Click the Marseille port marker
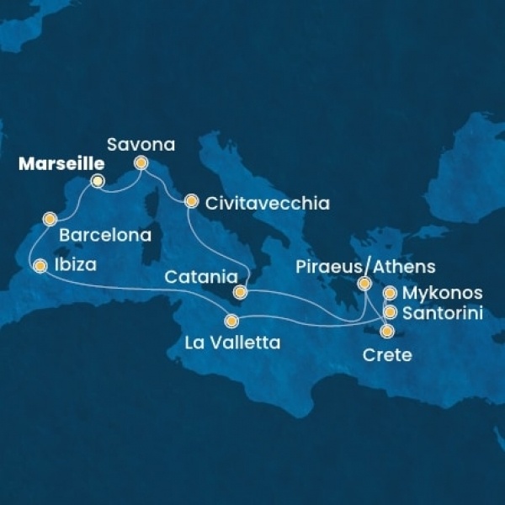pos(98,181)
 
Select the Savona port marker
pos(141,162)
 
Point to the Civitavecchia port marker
pos(191,201)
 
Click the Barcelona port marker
pos(50,221)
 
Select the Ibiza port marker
pos(40,266)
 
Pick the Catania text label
pos(195,275)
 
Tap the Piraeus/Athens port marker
pos(364,284)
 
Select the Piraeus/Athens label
pos(366,268)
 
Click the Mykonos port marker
pos(390,294)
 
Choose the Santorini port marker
pos(390,312)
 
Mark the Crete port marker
pos(386,331)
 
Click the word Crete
pos(386,355)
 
